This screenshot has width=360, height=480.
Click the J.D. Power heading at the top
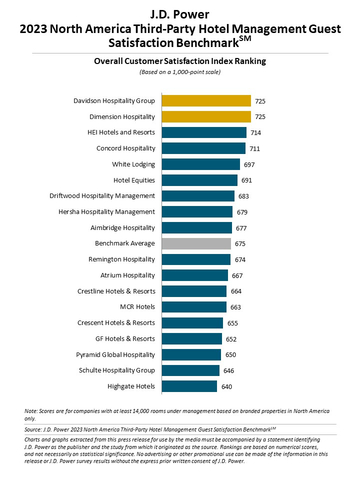click(180, 12)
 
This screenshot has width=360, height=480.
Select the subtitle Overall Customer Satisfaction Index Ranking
click(180, 61)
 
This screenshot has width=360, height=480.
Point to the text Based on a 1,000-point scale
click(180, 71)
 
